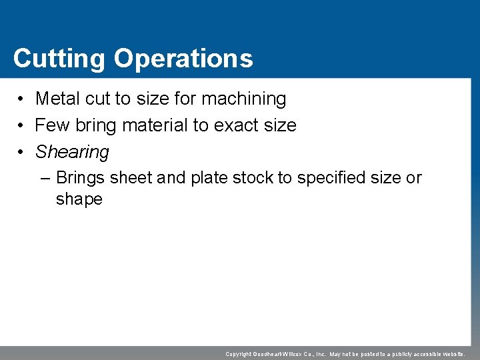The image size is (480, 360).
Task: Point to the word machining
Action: pyautogui.click(x=243, y=99)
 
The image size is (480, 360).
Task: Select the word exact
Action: pyautogui.click(x=237, y=125)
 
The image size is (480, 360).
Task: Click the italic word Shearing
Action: pyautogui.click(x=72, y=152)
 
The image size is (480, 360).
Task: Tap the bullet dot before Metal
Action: pyautogui.click(x=22, y=99)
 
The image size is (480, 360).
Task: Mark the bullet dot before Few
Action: pyautogui.click(x=22, y=126)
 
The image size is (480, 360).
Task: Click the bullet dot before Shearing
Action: pyautogui.click(x=22, y=153)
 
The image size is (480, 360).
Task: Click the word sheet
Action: pyautogui.click(x=131, y=178)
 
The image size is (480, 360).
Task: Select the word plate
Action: pyautogui.click(x=209, y=178)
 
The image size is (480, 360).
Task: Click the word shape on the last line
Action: pyautogui.click(x=79, y=199)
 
